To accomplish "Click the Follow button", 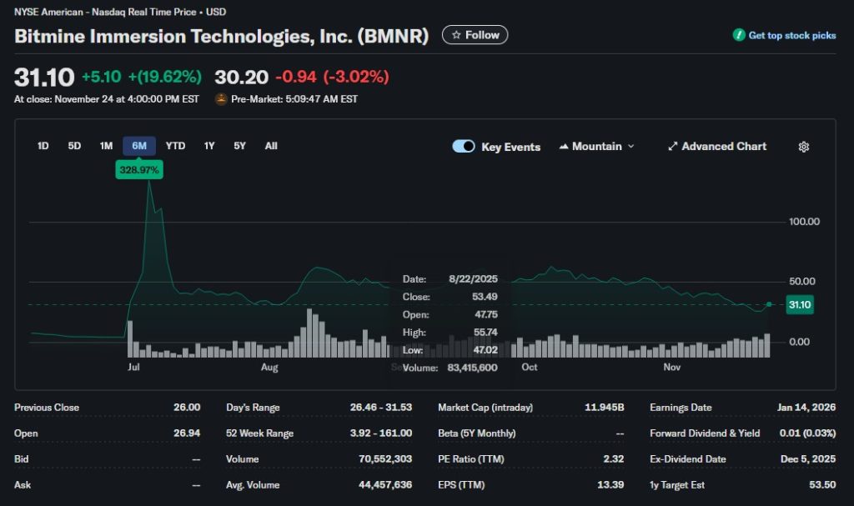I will click(475, 35).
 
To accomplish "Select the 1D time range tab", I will click(43, 146).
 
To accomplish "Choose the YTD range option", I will click(175, 146).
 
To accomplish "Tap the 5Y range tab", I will click(239, 146).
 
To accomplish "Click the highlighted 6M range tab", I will click(139, 146).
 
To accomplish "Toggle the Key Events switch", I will click(464, 147).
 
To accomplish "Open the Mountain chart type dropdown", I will click(596, 147).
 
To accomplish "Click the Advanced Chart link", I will click(716, 147).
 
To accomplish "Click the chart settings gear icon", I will click(804, 147).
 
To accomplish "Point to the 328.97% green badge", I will click(139, 170).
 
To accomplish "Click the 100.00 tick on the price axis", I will click(805, 222).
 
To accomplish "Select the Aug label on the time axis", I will click(269, 367).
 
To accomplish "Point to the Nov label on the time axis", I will click(672, 367).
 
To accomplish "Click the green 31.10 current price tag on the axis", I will click(799, 305).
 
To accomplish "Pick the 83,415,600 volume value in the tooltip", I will click(473, 368).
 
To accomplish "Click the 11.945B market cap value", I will click(604, 408).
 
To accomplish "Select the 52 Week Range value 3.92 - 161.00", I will click(381, 433).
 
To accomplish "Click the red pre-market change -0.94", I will click(296, 78).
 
